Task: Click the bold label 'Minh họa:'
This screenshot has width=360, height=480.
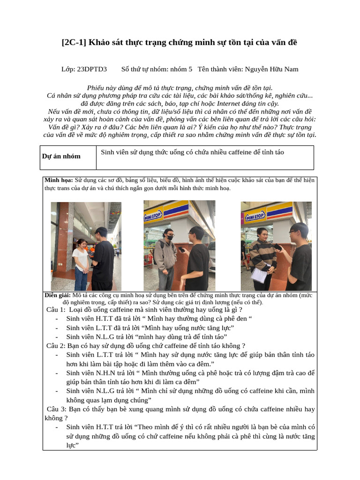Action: coord(59,180)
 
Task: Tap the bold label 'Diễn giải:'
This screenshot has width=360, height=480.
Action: coord(58,295)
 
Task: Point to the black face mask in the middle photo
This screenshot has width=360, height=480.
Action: coord(170,238)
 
